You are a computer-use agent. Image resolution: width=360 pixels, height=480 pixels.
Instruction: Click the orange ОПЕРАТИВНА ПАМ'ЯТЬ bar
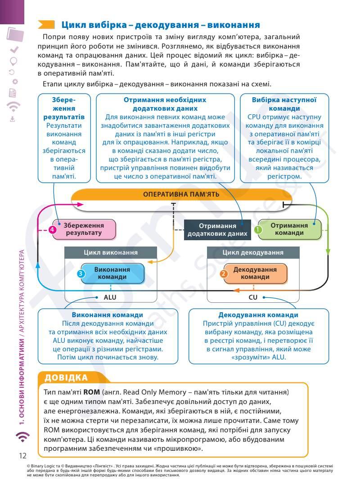(x=181, y=194)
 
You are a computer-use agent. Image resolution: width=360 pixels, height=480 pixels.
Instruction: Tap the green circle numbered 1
(x=258, y=229)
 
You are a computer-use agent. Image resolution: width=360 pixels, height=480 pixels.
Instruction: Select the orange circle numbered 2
(x=224, y=274)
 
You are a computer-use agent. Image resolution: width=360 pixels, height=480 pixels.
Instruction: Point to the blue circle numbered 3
(x=81, y=274)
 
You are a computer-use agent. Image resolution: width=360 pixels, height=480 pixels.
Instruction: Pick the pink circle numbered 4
(x=52, y=229)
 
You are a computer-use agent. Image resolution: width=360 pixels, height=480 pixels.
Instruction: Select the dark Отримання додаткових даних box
(x=217, y=229)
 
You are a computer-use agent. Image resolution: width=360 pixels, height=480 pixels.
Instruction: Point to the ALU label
(x=110, y=297)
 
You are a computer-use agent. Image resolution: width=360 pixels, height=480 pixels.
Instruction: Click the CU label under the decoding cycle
(x=253, y=297)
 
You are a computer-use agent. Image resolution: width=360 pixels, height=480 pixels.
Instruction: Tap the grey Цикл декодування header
(x=253, y=252)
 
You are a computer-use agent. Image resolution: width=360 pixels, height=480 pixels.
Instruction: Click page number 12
(x=23, y=455)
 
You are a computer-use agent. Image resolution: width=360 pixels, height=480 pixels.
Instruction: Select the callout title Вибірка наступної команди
(x=284, y=104)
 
